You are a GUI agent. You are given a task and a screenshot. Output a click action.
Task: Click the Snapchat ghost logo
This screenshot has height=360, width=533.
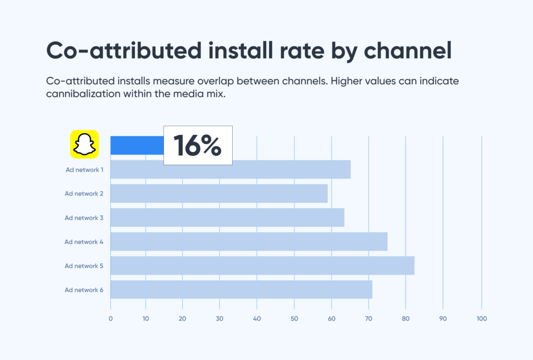click(84, 144)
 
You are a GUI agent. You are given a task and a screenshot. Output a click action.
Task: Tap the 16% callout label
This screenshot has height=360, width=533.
click(198, 145)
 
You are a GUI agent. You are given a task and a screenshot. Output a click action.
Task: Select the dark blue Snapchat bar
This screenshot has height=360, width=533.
click(137, 145)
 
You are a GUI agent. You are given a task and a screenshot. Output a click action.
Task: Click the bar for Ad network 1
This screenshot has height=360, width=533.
click(230, 170)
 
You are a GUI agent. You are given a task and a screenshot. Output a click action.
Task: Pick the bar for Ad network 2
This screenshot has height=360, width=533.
click(219, 194)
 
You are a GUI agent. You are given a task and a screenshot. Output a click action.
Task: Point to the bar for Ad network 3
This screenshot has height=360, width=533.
click(227, 217)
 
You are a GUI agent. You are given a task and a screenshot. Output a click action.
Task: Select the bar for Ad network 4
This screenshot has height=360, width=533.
click(249, 241)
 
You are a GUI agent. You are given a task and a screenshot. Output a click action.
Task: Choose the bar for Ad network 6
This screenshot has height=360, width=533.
click(241, 289)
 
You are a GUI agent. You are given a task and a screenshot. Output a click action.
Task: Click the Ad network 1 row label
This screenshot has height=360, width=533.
click(84, 170)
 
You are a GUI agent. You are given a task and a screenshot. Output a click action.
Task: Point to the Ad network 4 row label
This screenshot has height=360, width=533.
click(84, 241)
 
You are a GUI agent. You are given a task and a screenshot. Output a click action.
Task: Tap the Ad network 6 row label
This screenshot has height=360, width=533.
click(84, 290)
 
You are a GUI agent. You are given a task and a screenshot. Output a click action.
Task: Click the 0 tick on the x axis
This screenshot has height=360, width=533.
click(110, 318)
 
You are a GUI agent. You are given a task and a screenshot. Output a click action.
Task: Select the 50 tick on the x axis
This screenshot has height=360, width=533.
click(294, 318)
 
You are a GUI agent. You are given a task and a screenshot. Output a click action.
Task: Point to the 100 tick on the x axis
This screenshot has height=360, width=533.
click(481, 318)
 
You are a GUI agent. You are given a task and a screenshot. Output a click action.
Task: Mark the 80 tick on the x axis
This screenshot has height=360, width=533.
click(405, 318)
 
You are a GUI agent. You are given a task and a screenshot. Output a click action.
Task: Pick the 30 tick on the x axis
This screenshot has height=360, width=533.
click(220, 318)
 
